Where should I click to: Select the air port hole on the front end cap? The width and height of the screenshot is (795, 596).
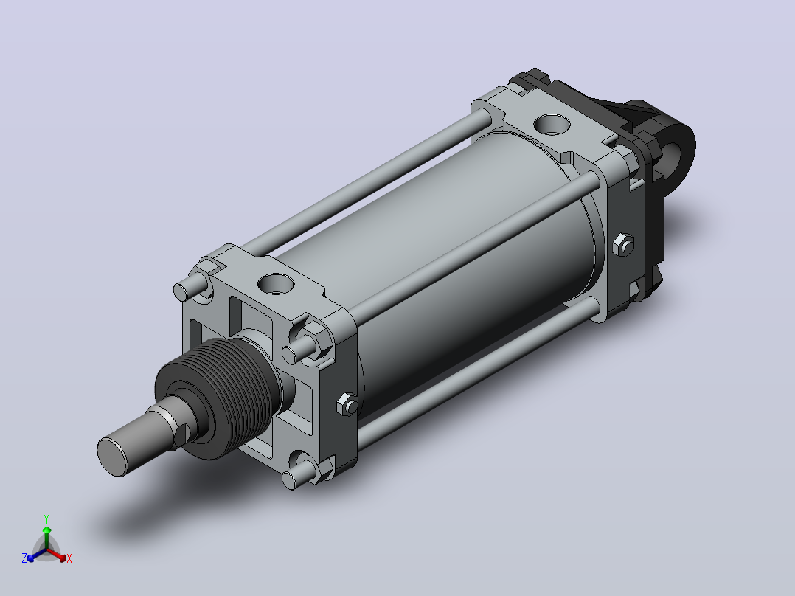(276, 283)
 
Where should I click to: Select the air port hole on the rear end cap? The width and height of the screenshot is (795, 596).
(552, 125)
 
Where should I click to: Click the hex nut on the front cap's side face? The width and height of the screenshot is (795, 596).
(347, 404)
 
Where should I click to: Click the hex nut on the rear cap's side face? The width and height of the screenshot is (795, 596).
(624, 245)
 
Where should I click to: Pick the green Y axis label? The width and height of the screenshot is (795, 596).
(46, 519)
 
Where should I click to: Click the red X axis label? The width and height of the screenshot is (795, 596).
(69, 558)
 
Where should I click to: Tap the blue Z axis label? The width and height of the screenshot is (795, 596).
(24, 558)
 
